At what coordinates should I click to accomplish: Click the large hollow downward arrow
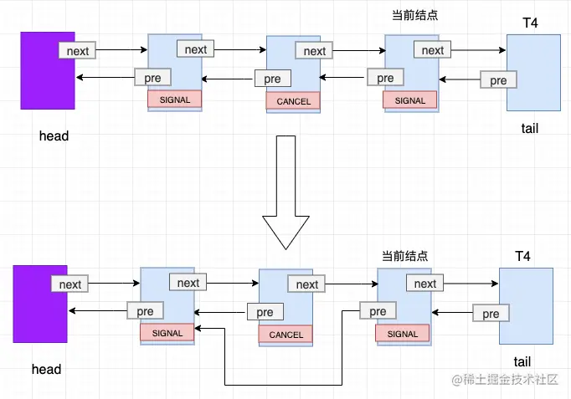pyautogui.click(x=285, y=192)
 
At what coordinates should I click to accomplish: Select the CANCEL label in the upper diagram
pyautogui.click(x=293, y=101)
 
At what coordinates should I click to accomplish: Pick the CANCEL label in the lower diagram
pyautogui.click(x=285, y=335)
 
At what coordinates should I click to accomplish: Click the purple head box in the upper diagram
pyautogui.click(x=48, y=70)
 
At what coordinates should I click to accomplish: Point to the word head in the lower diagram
pyautogui.click(x=46, y=369)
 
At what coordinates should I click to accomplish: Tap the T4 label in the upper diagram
pyautogui.click(x=530, y=23)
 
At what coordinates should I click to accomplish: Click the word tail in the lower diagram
pyautogui.click(x=522, y=362)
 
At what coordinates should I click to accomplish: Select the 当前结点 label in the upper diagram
pyautogui.click(x=414, y=15)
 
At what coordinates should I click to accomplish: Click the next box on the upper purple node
pyautogui.click(x=77, y=50)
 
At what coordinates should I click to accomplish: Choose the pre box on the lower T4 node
pyautogui.click(x=491, y=313)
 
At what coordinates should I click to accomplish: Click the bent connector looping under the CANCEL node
pyautogui.click(x=283, y=385)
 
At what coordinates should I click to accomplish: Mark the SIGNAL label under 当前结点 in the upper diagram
pyautogui.click(x=409, y=100)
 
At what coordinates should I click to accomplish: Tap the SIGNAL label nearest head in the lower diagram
pyautogui.click(x=167, y=333)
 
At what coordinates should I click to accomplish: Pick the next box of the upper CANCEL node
pyautogui.click(x=314, y=51)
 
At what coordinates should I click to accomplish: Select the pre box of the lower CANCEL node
pyautogui.click(x=265, y=312)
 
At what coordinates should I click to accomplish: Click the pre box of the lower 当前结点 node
pyautogui.click(x=378, y=311)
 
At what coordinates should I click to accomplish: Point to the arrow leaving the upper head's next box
pyautogui.click(x=121, y=49)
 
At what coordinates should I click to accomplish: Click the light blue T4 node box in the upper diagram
pyautogui.click(x=533, y=73)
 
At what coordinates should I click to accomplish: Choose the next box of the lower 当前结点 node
pyautogui.click(x=425, y=284)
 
